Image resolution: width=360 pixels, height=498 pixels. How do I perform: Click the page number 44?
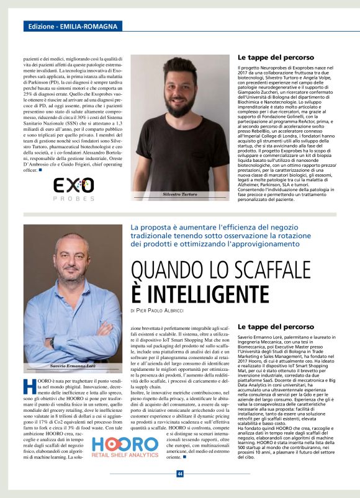pyautogui.click(x=179, y=474)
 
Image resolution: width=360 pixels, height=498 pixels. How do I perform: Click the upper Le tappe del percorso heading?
pyautogui.click(x=276, y=57)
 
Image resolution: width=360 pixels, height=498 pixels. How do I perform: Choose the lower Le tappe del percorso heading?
pyautogui.click(x=276, y=326)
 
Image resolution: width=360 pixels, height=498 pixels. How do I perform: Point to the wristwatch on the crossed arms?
pyautogui.click(x=53, y=342)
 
